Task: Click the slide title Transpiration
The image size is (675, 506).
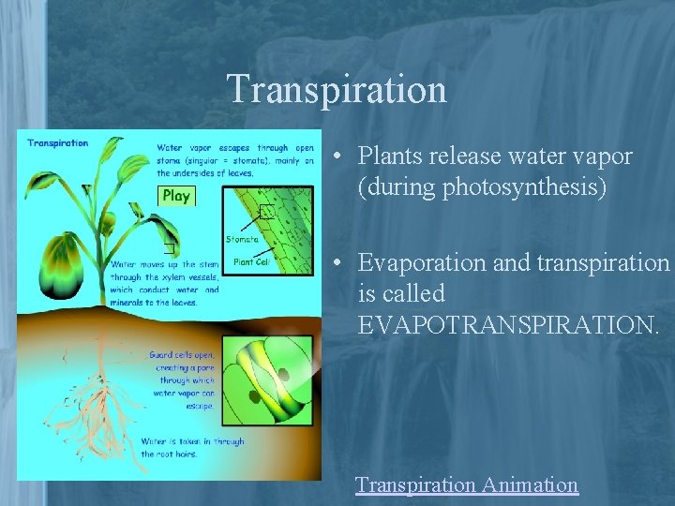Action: click(x=337, y=89)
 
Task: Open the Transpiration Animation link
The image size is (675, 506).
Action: click(x=466, y=484)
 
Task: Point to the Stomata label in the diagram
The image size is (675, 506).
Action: click(x=242, y=240)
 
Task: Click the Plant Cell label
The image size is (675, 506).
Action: click(x=250, y=262)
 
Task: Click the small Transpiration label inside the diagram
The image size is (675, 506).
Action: click(x=58, y=143)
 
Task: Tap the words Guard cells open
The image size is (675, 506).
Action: click(x=182, y=355)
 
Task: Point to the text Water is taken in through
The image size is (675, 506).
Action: click(x=192, y=441)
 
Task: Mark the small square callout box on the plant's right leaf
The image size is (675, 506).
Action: click(x=169, y=247)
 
